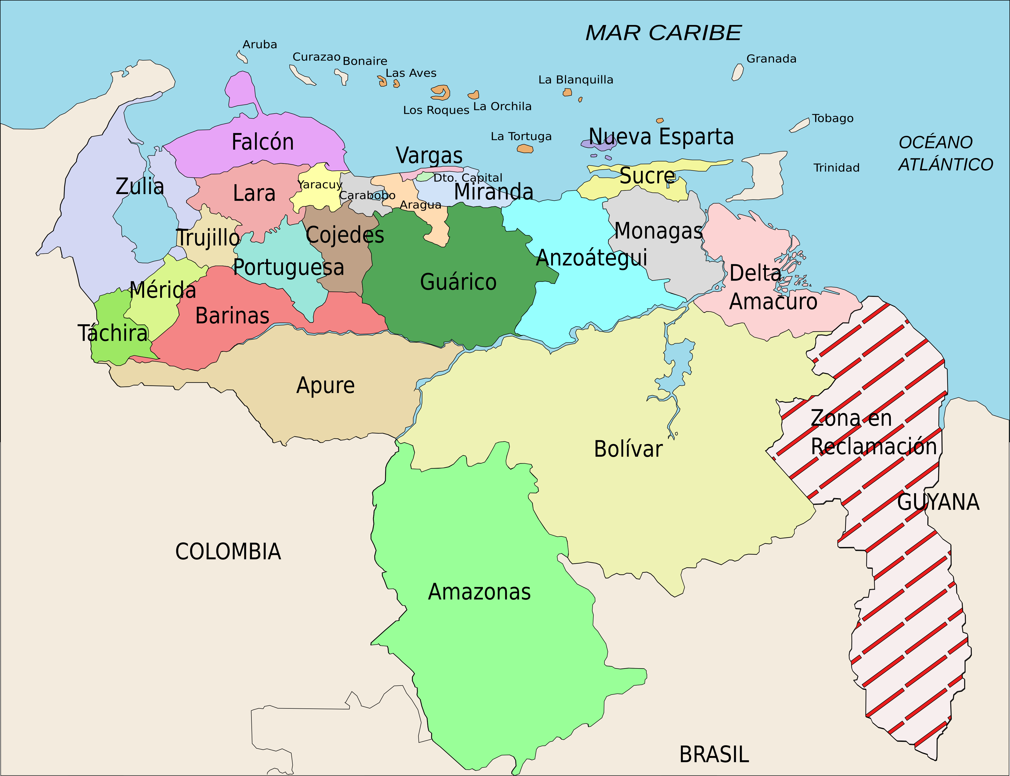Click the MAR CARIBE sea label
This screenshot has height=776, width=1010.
[x=663, y=33]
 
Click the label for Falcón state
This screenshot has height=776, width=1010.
[x=262, y=142]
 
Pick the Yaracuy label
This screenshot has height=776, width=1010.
[x=320, y=185]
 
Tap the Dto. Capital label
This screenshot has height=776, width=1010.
[x=468, y=178]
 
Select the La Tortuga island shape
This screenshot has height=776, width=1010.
[x=525, y=149]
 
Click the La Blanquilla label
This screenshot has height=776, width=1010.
[x=576, y=80]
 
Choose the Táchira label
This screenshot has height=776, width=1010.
[x=113, y=333]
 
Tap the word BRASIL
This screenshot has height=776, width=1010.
[x=714, y=755]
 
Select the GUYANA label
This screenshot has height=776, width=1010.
[x=938, y=502]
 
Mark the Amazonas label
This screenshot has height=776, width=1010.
[x=479, y=592]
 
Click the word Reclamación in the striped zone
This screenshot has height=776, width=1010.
[x=874, y=447]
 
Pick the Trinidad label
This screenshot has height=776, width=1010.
[x=836, y=168]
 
